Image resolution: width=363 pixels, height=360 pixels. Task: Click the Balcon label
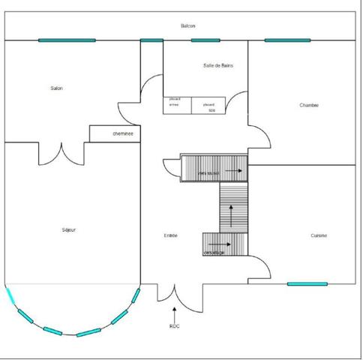tap(188, 26)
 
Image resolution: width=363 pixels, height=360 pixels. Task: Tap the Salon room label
tap(56, 88)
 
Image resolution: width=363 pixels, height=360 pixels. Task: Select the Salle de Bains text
tap(217, 66)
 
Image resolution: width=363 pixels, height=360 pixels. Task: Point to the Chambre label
tap(309, 105)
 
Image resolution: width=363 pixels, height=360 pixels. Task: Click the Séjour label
tap(68, 229)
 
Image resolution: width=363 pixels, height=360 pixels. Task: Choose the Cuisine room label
tap(319, 235)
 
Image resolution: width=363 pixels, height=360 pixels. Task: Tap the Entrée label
tap(171, 235)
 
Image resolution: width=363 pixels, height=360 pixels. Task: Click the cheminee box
tap(123, 133)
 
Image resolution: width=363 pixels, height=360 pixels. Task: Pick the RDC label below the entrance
tap(175, 326)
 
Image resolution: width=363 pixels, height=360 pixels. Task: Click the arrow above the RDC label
tap(175, 310)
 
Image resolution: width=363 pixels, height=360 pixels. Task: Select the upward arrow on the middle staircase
tap(232, 218)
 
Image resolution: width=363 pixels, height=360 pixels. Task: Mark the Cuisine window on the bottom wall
tap(307, 284)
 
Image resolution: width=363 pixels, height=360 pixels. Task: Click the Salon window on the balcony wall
tap(67, 40)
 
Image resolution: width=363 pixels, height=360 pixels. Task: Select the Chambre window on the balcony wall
tap(287, 40)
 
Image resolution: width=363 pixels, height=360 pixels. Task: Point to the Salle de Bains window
tap(205, 40)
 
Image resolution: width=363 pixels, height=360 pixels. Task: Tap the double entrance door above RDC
tap(175, 293)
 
